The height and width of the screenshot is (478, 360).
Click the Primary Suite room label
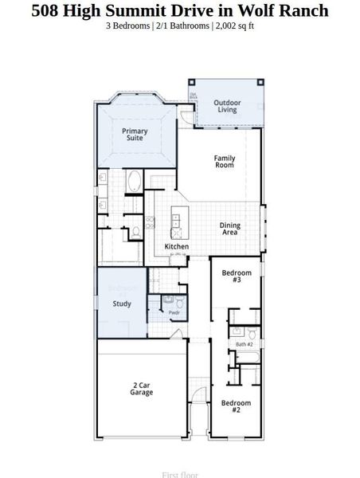pyautogui.click(x=135, y=135)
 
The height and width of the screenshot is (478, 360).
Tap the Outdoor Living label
pyautogui.click(x=227, y=106)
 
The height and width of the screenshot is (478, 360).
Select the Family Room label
pyautogui.click(x=225, y=161)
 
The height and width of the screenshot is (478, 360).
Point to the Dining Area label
pyautogui.click(x=230, y=229)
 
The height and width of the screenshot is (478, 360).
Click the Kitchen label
pyautogui.click(x=176, y=247)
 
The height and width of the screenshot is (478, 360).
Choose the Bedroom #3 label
pyautogui.click(x=237, y=276)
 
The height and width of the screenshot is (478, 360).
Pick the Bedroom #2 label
pyautogui.click(x=236, y=406)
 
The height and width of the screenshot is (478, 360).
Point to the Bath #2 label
pyautogui.click(x=244, y=344)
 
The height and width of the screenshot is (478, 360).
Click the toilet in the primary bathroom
pyautogui.click(x=136, y=232)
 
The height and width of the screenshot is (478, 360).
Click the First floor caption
pyautogui.click(x=179, y=474)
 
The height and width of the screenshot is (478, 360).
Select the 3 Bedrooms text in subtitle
pyautogui.click(x=131, y=25)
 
